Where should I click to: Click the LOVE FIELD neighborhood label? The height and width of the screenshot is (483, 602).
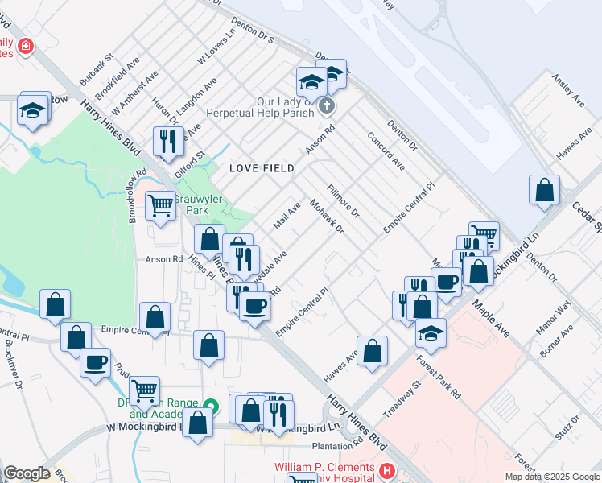coord(261,168)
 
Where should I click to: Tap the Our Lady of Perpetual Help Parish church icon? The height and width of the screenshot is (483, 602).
coord(326,105)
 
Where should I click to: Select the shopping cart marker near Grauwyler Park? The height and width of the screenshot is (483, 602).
coord(161,206)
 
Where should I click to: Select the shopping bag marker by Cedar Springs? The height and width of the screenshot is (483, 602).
coord(544,191)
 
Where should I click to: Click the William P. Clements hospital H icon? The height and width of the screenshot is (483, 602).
coord(386,470)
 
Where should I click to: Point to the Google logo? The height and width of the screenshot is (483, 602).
coord(27,473)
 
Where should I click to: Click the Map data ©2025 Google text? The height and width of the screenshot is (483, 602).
coord(553,477)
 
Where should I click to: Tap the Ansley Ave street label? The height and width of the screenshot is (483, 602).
coord(567,90)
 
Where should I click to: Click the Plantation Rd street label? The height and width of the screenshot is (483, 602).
coord(336,444)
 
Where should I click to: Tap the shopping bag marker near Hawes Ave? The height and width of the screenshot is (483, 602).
coord(372,351)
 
